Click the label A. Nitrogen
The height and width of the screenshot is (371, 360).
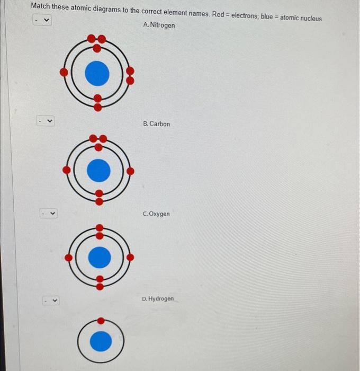[x=159, y=25]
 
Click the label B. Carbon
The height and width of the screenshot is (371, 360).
[x=157, y=124]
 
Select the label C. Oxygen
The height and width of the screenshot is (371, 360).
[x=156, y=214]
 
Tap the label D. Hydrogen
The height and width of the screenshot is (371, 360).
[x=158, y=299]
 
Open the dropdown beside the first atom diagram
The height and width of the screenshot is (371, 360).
[x=42, y=21]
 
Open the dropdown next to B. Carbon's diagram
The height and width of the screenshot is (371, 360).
[x=46, y=121]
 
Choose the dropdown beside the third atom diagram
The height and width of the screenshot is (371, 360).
[x=49, y=214]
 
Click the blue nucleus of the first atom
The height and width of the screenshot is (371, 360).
[x=97, y=73]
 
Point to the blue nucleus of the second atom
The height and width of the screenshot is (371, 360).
[x=98, y=171]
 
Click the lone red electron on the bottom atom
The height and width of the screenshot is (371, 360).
[x=101, y=320]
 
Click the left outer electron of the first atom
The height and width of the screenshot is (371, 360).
[x=64, y=72]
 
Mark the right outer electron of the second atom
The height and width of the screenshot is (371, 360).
[x=131, y=171]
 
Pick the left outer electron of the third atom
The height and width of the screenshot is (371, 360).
[x=68, y=258]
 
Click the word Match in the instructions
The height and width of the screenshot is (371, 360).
[x=40, y=6]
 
